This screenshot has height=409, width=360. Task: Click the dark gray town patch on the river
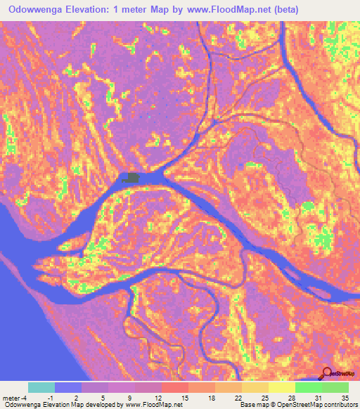pyautogui.click(x=131, y=178)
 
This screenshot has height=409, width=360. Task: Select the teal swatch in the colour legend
pyautogui.click(x=41, y=387)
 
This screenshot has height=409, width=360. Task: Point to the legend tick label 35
pyautogui.click(x=345, y=397)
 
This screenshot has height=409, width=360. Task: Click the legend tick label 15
pyautogui.click(x=184, y=397)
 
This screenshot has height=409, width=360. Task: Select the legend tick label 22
pyautogui.click(x=237, y=397)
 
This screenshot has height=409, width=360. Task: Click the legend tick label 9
pyautogui.click(x=130, y=397)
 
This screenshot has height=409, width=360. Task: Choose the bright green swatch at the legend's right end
pyautogui.click(x=335, y=387)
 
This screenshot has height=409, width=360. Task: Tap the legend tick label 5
pyautogui.click(x=103, y=397)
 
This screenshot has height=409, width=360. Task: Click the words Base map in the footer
pyautogui.click(x=252, y=405)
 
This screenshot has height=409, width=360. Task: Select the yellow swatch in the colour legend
pyautogui.click(x=282, y=387)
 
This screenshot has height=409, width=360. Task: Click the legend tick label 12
pyautogui.click(x=157, y=397)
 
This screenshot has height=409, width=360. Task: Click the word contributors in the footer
pyautogui.click(x=340, y=405)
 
